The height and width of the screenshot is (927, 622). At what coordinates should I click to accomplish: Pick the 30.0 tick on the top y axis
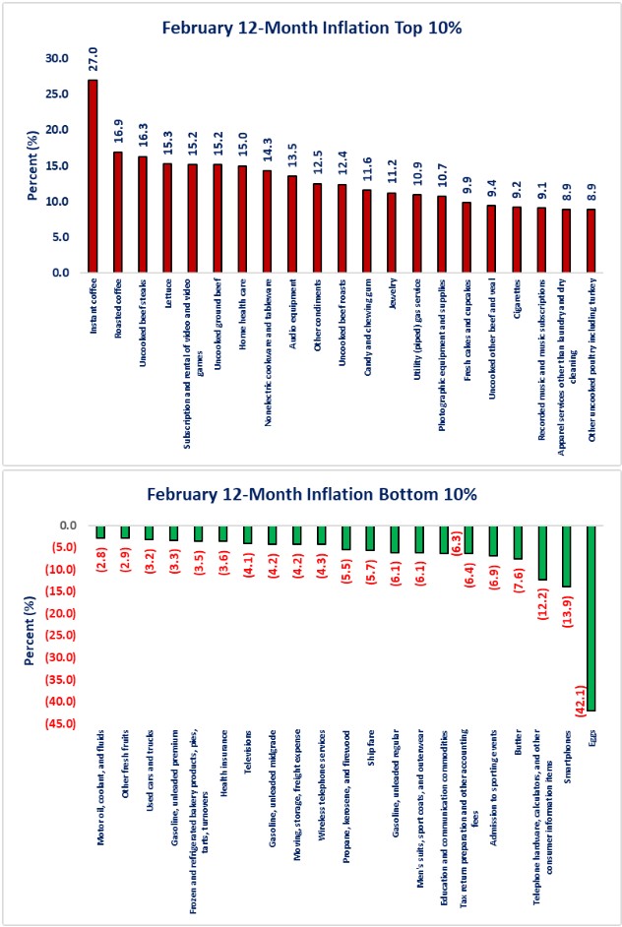click(x=60, y=58)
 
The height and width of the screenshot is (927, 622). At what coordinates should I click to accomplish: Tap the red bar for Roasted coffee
click(x=118, y=212)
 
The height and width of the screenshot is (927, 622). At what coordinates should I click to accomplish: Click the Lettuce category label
click(x=168, y=296)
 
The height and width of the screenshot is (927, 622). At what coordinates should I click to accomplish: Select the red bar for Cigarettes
click(x=517, y=239)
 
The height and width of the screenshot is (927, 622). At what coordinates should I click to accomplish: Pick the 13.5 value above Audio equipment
click(x=292, y=154)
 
